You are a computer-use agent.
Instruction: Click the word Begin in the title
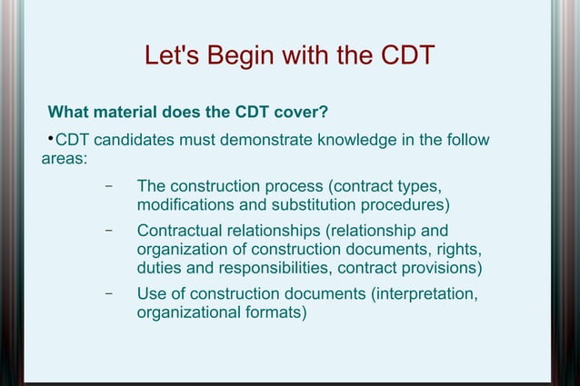238,56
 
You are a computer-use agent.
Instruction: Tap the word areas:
65,159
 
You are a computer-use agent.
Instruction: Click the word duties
160,269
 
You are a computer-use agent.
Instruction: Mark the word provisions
440,269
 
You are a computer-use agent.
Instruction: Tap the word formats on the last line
274,312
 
